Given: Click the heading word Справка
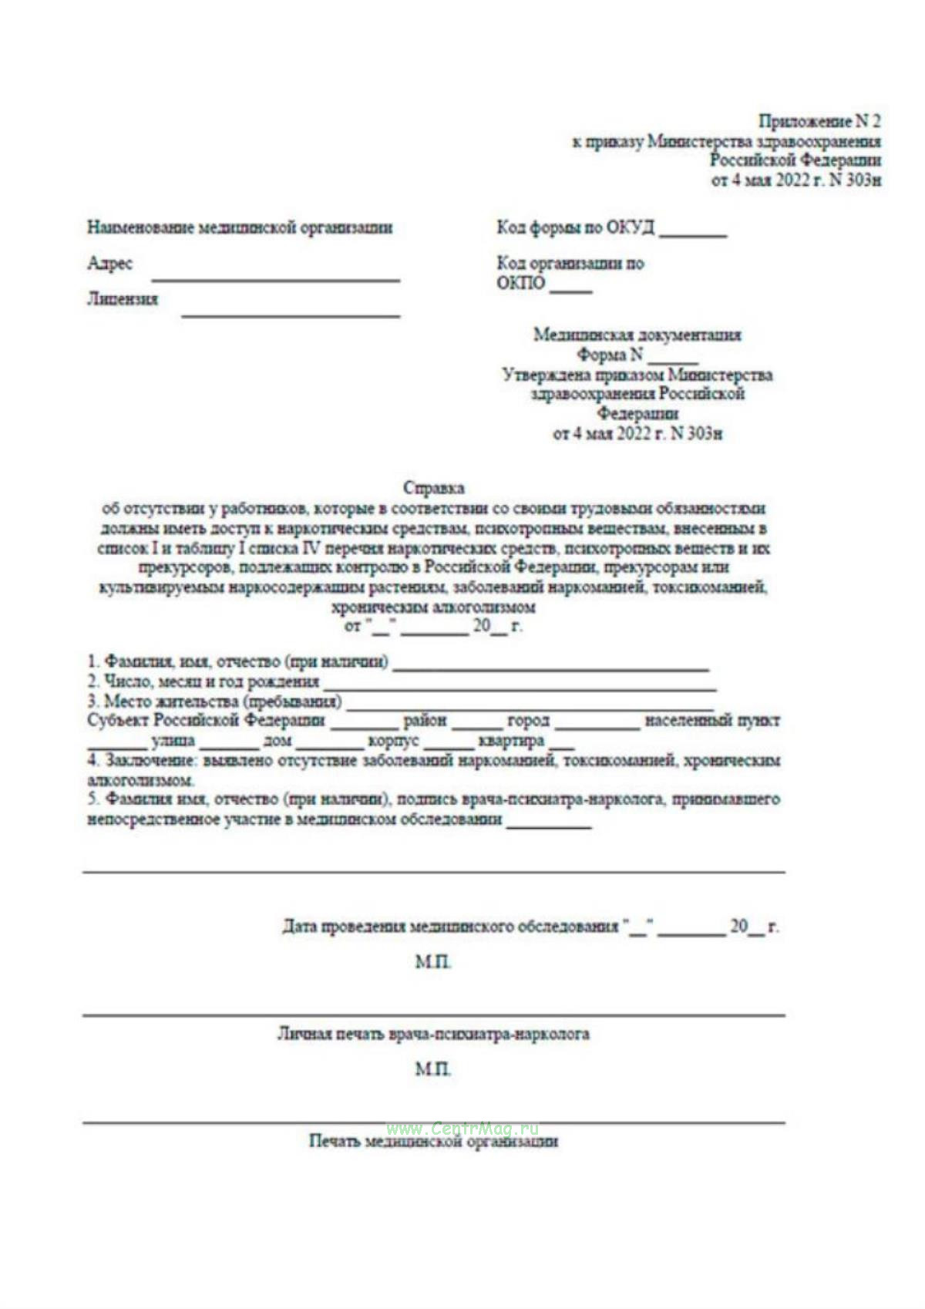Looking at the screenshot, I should tap(433, 488).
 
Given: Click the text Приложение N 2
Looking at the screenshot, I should tap(819, 121).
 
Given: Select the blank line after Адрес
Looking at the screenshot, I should tap(276, 277).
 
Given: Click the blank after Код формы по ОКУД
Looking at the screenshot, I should tap(693, 233).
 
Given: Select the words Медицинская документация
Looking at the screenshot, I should tap(637, 335).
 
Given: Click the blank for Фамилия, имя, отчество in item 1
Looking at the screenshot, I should tap(550, 667).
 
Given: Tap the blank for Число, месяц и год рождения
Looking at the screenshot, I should tap(520, 686).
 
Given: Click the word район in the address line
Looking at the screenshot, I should tap(425, 721).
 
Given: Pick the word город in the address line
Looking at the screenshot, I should tap(528, 721).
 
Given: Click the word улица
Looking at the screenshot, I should tap(173, 741).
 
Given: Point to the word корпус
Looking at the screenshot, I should tap(393, 741).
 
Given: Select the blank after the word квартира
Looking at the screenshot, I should tap(561, 745).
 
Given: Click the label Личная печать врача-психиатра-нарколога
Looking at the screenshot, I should tap(433, 1034).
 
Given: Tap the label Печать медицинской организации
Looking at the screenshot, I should tap(433, 1141).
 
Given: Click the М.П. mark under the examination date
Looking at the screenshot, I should tap(432, 962).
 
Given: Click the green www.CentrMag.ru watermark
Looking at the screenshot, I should tap(462, 1128).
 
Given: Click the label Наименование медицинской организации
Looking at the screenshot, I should tap(240, 227).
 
